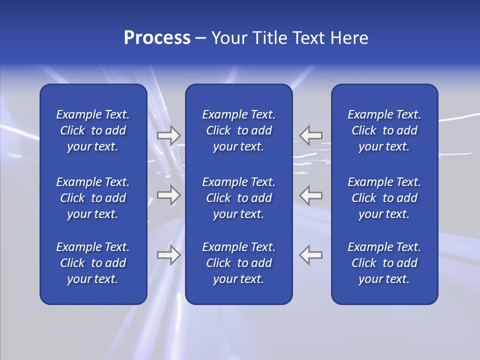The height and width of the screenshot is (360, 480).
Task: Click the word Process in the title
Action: [x=157, y=38]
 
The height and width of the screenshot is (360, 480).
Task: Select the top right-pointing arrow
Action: [x=169, y=135]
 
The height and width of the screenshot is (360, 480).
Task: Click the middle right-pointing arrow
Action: [x=169, y=195]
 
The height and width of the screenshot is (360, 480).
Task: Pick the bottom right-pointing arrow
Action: [x=169, y=255]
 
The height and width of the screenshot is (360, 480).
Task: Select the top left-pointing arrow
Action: [x=311, y=135]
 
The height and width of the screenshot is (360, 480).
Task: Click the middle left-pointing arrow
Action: [x=311, y=195]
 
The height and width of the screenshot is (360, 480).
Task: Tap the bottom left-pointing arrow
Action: [x=311, y=255]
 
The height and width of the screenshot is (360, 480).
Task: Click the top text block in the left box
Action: [x=93, y=130]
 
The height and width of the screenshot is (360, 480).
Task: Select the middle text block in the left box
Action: [x=93, y=198]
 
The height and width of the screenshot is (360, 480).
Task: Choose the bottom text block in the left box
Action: [x=93, y=263]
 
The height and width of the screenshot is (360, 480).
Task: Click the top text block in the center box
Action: [x=238, y=130]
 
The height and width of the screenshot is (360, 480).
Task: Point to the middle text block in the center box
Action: [x=238, y=198]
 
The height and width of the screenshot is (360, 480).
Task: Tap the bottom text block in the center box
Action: [x=238, y=263]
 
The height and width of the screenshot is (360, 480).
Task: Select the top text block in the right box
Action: [x=384, y=130]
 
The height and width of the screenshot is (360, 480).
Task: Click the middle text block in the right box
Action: [x=384, y=198]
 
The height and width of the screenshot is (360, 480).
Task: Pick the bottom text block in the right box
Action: [x=384, y=263]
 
